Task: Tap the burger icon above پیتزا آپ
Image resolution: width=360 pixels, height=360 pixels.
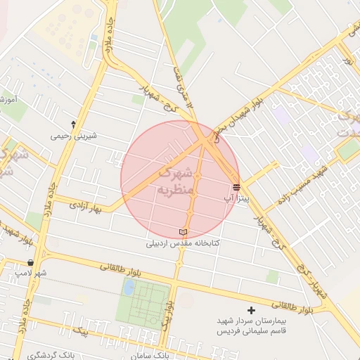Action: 236,187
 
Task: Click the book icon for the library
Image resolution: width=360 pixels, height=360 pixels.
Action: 183,232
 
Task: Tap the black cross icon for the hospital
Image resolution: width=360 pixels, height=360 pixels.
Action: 252,309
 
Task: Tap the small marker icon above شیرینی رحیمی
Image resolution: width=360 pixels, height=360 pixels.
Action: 74,124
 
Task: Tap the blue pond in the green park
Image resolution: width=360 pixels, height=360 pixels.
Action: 129,287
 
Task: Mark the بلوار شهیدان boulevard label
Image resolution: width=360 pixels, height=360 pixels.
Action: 239,112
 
